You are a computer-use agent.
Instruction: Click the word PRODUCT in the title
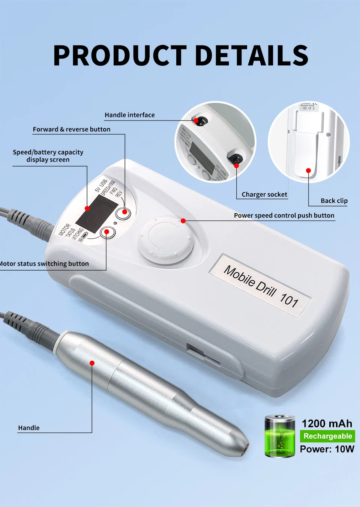(x=120, y=56)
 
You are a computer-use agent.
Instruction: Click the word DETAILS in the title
(x=252, y=56)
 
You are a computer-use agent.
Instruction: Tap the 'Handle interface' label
(x=129, y=115)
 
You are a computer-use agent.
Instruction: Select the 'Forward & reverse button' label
(x=72, y=129)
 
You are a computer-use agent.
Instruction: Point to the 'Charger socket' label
(x=264, y=194)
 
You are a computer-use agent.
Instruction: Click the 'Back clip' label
(x=334, y=201)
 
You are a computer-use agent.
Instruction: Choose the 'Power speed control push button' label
(x=284, y=215)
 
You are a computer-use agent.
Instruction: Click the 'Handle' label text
(x=29, y=428)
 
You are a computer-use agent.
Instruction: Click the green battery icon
(x=280, y=436)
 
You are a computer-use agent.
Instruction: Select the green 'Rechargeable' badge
(x=327, y=436)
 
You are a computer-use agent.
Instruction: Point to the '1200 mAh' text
(x=327, y=424)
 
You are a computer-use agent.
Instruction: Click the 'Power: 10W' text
(x=327, y=449)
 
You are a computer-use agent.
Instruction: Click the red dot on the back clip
(x=308, y=171)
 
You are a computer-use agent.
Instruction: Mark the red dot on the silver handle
(x=92, y=363)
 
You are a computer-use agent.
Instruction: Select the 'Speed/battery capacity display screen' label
(x=48, y=156)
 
